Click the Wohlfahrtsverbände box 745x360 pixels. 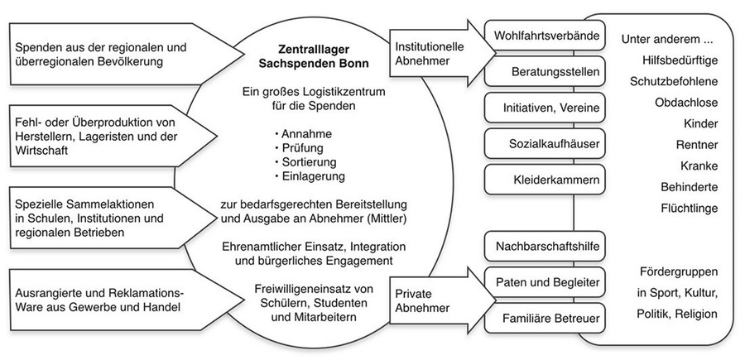(x=545, y=35)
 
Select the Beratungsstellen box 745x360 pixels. (x=545, y=72)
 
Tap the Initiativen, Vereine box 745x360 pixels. (x=545, y=108)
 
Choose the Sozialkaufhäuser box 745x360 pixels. (x=545, y=143)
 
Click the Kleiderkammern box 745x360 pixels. (x=545, y=180)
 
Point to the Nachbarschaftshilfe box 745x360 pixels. (x=545, y=247)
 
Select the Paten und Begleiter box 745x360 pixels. (x=545, y=282)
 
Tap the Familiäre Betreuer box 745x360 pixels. (x=545, y=318)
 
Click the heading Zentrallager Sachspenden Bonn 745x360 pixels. (x=314, y=56)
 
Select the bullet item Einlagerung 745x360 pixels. (x=310, y=176)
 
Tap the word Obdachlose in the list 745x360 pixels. (x=686, y=103)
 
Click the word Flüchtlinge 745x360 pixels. (x=690, y=208)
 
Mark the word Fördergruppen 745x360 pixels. (x=679, y=271)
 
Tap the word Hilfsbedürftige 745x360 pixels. (x=680, y=60)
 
